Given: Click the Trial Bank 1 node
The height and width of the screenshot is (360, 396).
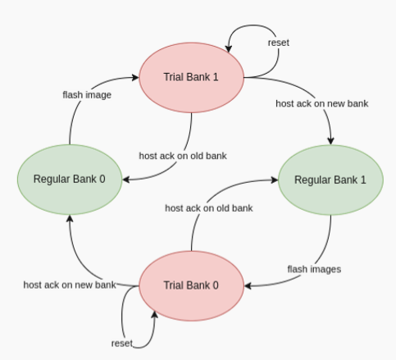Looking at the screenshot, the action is [191, 77].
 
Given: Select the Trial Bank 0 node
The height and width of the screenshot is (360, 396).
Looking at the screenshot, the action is [191, 285].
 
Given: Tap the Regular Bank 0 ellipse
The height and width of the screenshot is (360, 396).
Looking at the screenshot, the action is [70, 180].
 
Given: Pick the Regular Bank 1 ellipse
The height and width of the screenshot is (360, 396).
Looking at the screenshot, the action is [330, 180].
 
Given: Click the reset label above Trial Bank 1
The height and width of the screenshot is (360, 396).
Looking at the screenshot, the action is [279, 43].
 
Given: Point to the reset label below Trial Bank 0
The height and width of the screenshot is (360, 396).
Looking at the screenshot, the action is [122, 344].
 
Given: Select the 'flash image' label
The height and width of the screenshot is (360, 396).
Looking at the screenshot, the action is [87, 95].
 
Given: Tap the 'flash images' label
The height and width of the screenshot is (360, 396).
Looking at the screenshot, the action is [314, 269].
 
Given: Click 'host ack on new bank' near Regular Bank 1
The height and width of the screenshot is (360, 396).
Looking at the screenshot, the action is [322, 103].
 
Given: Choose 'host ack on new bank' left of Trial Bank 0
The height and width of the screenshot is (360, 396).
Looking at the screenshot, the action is [70, 285].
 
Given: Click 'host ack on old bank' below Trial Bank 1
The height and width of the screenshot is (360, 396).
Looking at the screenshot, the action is [183, 156].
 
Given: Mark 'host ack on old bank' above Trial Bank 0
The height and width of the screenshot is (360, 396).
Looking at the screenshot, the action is [209, 208].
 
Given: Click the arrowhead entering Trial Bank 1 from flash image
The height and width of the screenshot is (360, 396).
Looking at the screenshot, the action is [135, 77].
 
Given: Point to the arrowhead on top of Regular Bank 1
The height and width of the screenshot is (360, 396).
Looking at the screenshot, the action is [330, 141].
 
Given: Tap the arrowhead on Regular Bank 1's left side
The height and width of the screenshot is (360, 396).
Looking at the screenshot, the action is [275, 180].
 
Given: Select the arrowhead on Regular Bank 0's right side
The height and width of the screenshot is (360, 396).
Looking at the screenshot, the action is [125, 180].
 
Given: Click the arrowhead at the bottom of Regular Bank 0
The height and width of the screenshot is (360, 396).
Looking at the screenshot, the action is [70, 218].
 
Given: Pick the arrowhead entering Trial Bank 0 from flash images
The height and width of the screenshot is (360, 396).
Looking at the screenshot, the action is [248, 286].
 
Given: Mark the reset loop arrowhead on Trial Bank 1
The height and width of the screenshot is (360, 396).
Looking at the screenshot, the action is [229, 48].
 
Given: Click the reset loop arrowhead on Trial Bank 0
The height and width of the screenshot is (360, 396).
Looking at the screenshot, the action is [155, 314].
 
